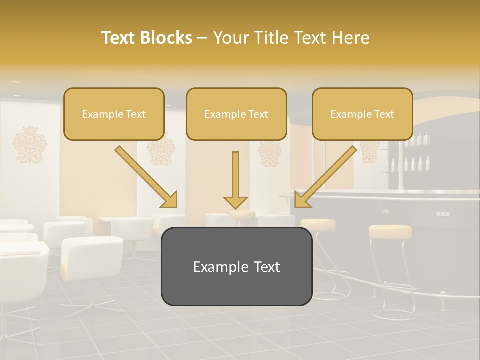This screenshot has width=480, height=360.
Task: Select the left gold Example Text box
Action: [114, 114]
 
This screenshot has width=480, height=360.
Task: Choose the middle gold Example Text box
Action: [236, 114]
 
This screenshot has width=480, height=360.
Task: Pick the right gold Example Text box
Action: [362, 114]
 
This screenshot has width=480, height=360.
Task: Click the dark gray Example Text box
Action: [236, 266]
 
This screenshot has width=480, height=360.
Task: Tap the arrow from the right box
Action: [327, 176]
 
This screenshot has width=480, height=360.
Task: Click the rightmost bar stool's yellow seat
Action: [390, 231]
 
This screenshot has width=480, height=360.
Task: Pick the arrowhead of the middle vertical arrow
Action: [235, 202]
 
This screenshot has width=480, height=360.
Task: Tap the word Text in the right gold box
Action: [384, 114]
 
